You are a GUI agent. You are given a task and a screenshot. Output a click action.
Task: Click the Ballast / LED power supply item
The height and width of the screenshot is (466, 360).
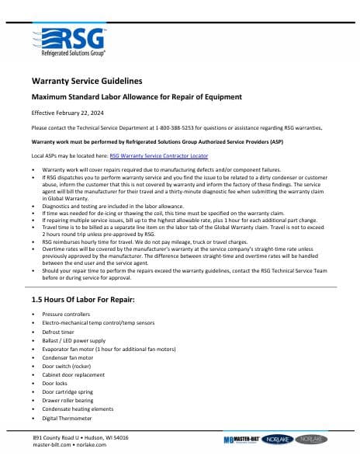(74, 339)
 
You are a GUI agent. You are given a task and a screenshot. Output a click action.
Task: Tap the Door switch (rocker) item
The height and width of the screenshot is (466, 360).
(65, 366)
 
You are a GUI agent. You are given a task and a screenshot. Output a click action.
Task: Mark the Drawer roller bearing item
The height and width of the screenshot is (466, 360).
(67, 401)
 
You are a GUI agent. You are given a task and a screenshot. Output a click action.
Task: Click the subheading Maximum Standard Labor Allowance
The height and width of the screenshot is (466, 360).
(136, 97)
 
